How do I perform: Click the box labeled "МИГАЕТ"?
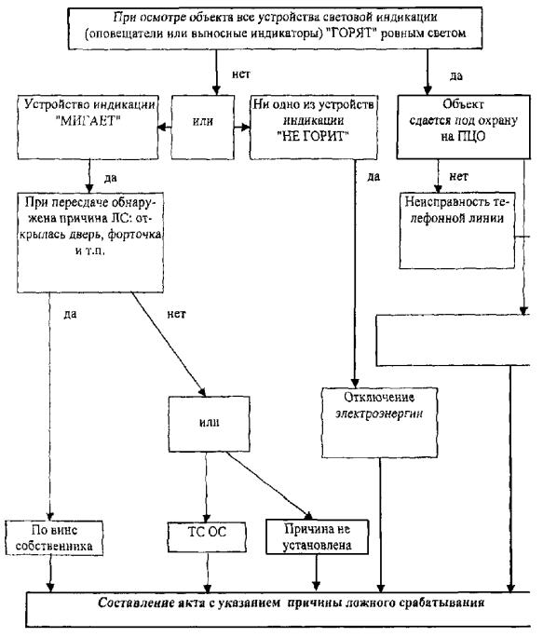click(88, 128)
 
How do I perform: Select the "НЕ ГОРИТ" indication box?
click(313, 128)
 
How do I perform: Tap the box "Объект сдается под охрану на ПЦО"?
click(463, 127)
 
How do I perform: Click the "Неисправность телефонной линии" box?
click(456, 231)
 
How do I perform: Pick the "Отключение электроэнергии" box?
click(380, 423)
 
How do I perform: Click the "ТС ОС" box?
click(207, 536)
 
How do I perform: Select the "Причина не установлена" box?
click(317, 536)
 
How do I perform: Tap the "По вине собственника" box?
click(54, 538)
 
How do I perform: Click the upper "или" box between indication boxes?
click(203, 128)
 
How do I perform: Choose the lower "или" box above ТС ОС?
click(209, 424)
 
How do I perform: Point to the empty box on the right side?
click(454, 341)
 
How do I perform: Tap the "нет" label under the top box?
click(241, 75)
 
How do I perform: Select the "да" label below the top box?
click(456, 76)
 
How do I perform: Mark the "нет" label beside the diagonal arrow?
click(176, 314)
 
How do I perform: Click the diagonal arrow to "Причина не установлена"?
click(269, 485)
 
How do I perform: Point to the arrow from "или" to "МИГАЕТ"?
click(164, 128)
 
